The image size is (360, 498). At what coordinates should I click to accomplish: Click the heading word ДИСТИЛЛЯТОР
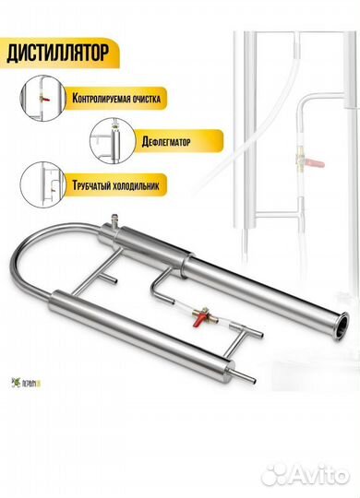click(61, 52)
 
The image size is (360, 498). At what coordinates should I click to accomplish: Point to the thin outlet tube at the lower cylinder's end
click(227, 380)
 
